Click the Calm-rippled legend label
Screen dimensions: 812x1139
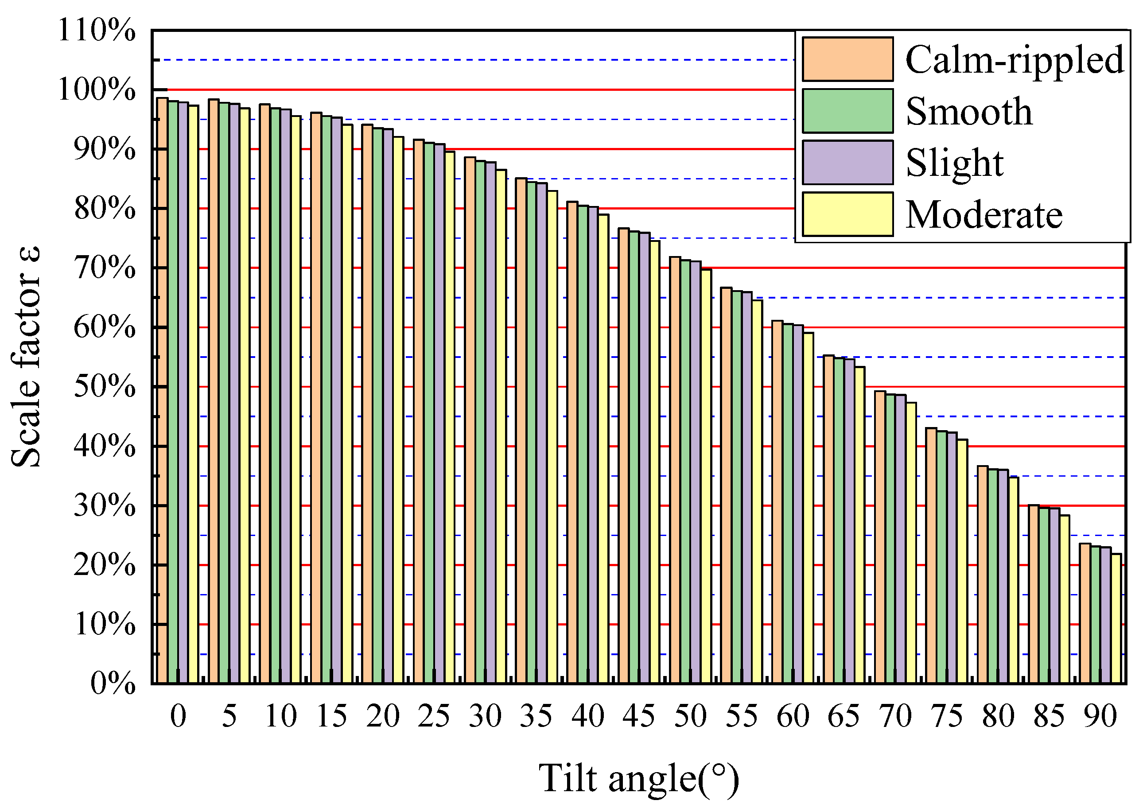1014,60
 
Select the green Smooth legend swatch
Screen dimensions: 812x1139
847,111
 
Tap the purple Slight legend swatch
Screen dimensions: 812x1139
847,163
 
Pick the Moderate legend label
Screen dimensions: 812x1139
984,215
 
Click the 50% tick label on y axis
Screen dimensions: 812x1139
105,386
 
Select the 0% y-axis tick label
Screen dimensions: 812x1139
113,683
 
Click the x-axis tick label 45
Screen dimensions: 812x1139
638,716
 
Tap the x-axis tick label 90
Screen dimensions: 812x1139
1100,716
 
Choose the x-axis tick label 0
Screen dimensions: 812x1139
178,716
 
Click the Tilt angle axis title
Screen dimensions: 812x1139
638,778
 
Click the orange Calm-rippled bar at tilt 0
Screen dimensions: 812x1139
163,390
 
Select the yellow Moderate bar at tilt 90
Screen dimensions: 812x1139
1116,618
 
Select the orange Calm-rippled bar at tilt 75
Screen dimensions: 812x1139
931,555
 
